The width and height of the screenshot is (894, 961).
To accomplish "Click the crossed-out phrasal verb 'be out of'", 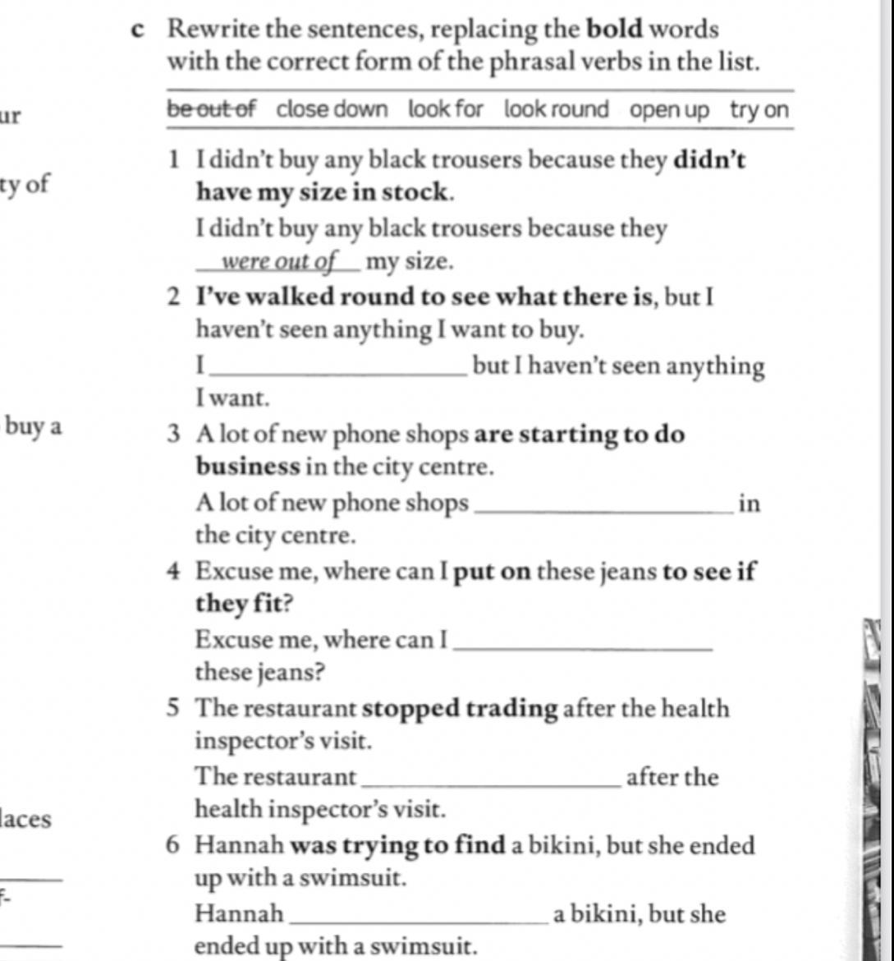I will click(213, 109).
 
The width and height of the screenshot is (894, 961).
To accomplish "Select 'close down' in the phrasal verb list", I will click(332, 109).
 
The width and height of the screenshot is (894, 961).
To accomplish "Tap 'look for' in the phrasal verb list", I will click(446, 109).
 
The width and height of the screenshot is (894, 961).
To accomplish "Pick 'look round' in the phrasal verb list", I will click(556, 109).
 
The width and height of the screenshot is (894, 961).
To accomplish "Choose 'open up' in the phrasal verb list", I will click(668, 109).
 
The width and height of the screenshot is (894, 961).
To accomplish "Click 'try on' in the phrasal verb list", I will click(759, 109).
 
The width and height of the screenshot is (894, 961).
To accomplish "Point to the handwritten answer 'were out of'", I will click(279, 262).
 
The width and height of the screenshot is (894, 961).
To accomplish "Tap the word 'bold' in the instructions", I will click(615, 30).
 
